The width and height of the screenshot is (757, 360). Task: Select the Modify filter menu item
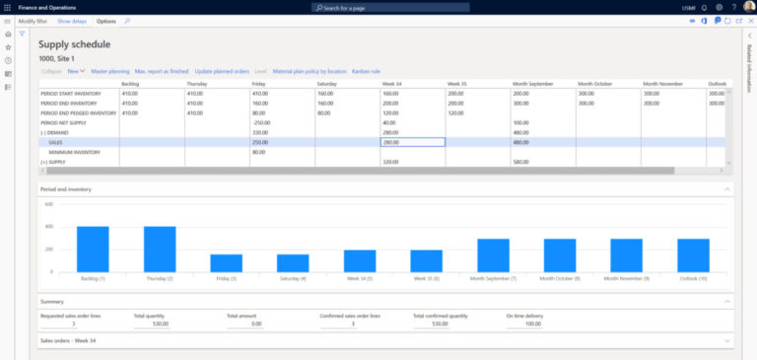click(34, 21)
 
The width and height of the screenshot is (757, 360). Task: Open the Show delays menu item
click(71, 21)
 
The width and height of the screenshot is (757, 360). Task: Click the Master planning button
click(110, 71)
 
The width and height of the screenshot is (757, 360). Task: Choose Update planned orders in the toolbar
click(222, 71)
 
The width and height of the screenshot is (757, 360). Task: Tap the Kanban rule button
click(366, 71)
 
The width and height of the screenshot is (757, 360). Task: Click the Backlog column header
click(130, 84)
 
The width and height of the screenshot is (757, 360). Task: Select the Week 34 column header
click(392, 84)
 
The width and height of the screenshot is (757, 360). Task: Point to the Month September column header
click(533, 84)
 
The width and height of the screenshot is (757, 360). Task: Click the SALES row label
click(56, 142)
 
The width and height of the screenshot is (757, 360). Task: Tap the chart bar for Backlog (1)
click(93, 250)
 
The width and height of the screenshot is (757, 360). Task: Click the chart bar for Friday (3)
click(226, 263)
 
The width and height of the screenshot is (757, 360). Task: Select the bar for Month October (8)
click(559, 255)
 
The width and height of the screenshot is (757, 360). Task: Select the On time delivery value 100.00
click(533, 324)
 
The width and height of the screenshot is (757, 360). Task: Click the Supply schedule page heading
click(74, 44)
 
